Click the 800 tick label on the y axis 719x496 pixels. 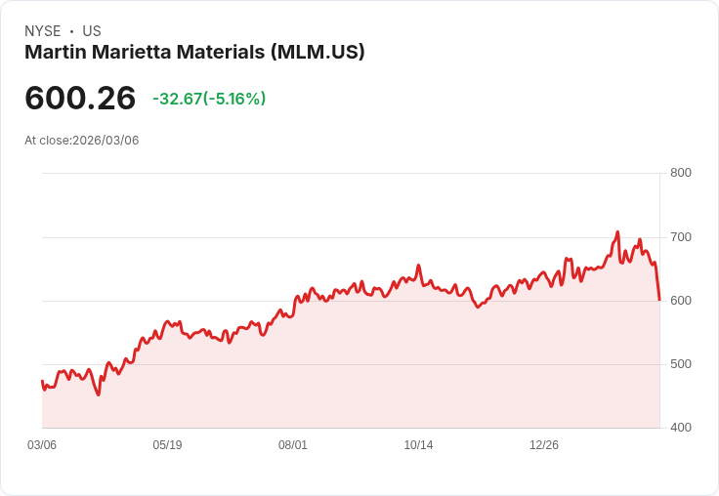click(680, 173)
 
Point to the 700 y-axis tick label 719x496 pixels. click(680, 237)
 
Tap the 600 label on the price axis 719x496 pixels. click(680, 301)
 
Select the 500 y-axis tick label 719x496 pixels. click(680, 364)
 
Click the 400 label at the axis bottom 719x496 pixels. click(680, 428)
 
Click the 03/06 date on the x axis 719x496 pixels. click(42, 445)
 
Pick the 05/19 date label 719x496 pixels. click(167, 445)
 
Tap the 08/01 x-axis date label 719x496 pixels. click(293, 445)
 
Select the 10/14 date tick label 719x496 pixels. click(418, 445)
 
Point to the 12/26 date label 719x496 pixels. click(544, 445)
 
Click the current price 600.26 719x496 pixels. click(80, 99)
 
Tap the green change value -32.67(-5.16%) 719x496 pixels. click(209, 99)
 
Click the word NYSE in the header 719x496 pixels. click(42, 31)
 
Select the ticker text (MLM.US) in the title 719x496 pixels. click(317, 53)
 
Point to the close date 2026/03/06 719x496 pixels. click(106, 141)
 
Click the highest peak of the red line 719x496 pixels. click(617, 232)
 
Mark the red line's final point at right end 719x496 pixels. click(659, 300)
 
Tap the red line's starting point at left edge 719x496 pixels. click(42, 381)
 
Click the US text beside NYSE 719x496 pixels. click(92, 31)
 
